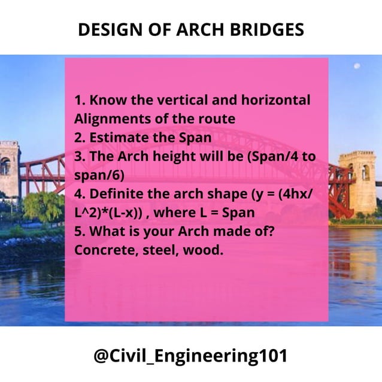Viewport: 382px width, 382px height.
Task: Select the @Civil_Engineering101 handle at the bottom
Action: [x=190, y=356]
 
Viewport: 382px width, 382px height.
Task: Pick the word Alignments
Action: [x=108, y=119]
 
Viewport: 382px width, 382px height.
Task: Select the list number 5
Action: [x=79, y=231]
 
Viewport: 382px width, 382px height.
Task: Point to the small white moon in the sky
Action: [x=357, y=66]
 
